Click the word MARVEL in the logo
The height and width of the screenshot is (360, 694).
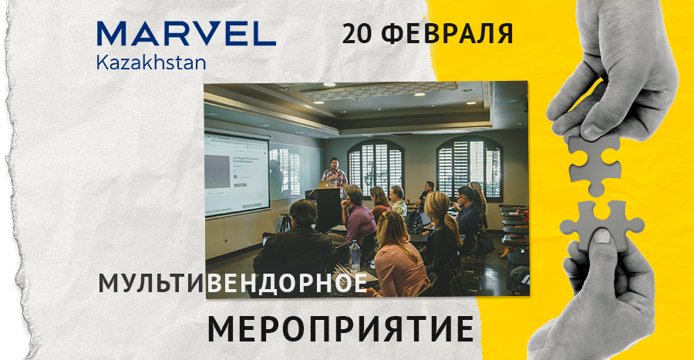point(186,33)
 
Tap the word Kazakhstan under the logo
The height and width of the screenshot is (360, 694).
point(151,62)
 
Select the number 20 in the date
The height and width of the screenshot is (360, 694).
point(357,33)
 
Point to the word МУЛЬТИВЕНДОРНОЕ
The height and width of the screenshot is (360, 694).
point(232,284)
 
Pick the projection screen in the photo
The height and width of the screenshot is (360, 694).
point(237,173)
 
